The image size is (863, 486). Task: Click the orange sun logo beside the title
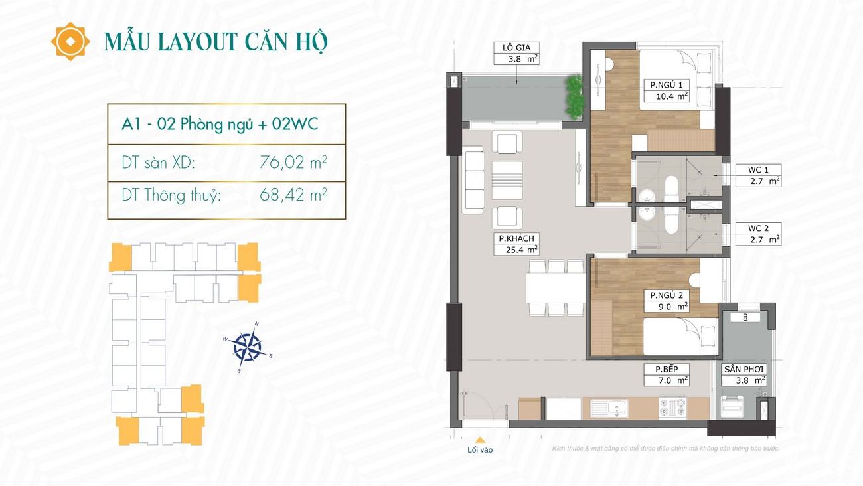tap(70, 42)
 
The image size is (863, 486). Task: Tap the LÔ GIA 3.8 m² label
tap(516, 53)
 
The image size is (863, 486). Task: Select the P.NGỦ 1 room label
tap(667, 90)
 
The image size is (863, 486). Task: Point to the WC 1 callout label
tap(758, 175)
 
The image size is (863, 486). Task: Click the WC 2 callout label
tap(758, 234)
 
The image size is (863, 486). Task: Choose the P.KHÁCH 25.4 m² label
tap(516, 244)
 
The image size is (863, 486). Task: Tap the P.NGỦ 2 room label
tap(667, 301)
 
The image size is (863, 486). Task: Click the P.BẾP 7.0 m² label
tap(667, 375)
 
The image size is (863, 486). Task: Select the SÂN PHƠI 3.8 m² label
tap(744, 375)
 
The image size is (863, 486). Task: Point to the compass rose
tap(248, 347)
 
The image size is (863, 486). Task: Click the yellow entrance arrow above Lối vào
tap(480, 440)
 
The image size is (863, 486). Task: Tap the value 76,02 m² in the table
tap(293, 162)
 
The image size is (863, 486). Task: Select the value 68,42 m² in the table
tap(293, 195)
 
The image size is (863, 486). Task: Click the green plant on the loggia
tap(574, 97)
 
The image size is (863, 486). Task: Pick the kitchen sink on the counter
tap(609, 408)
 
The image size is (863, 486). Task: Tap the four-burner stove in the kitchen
tap(672, 408)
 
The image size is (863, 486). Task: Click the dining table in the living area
tap(556, 288)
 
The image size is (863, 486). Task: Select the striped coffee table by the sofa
tap(507, 180)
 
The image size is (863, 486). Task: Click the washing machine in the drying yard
tap(732, 406)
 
